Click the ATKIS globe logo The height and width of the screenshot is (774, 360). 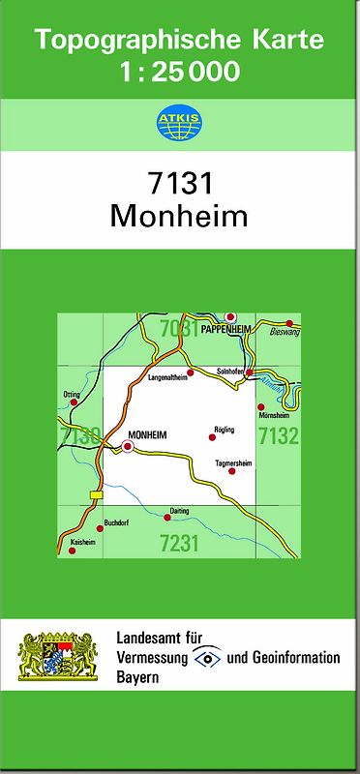179,124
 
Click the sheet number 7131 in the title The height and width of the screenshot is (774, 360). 179,183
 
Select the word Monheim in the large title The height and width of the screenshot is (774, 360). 179,215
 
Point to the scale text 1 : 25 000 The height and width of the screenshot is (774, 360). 179,72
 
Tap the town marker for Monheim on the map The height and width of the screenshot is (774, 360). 128,447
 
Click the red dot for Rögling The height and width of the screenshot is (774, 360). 213,437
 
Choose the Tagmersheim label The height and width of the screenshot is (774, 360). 233,463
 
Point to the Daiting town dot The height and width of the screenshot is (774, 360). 166,518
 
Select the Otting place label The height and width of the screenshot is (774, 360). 71,395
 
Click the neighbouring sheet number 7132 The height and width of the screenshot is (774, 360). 279,436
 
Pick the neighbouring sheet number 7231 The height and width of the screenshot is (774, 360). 179,544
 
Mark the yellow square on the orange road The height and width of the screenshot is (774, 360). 95,495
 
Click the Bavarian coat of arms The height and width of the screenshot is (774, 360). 58,658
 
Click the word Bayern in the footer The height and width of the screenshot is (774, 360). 137,677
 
